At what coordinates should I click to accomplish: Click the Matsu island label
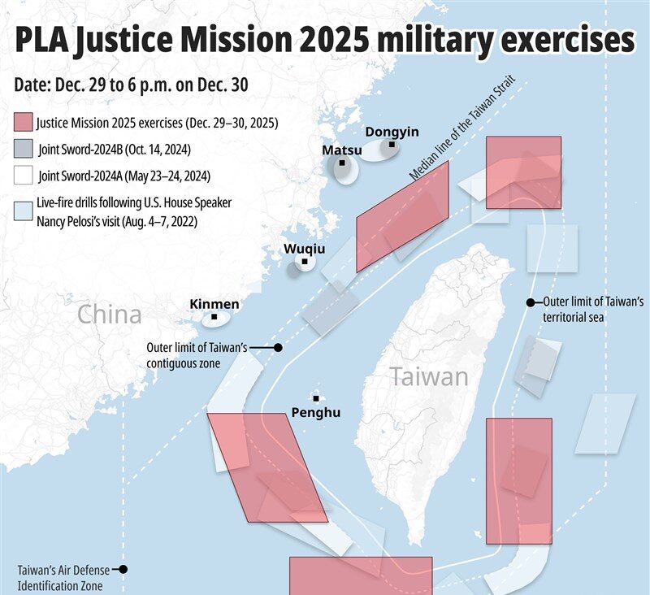coord(342,150)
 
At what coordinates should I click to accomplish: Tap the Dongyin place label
coord(392,132)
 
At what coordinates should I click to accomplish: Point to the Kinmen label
coord(214,304)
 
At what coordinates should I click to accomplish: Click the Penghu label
coord(316,412)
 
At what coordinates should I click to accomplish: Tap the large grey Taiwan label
coord(428,377)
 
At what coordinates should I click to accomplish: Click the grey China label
coord(110,315)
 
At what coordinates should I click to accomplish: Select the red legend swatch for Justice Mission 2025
coord(24,124)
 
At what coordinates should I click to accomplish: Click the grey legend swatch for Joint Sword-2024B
coord(24,150)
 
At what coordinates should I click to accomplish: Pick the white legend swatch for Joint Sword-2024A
coord(24,176)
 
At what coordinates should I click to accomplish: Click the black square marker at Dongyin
coord(392,145)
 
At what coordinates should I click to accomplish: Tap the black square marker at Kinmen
coord(214,317)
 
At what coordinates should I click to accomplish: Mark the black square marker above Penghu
coord(316,398)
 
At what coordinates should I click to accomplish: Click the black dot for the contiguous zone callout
coord(278,347)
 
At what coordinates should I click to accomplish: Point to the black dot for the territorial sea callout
coord(530,302)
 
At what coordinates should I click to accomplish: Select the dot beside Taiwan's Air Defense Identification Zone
coord(124,570)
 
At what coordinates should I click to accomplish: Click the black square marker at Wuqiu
coord(304,262)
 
